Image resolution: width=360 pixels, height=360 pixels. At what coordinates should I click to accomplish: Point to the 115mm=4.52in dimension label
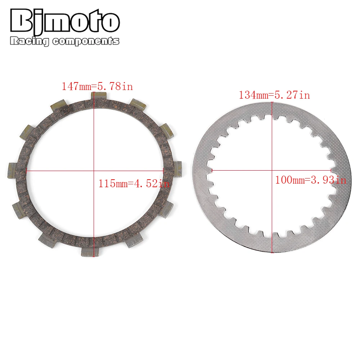point(134,184)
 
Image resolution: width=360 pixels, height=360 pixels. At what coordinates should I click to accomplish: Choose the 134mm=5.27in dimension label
point(274,95)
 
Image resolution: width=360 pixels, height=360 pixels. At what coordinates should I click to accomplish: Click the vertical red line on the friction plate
point(94,137)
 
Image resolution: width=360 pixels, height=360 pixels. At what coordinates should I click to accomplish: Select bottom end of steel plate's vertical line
point(272,253)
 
